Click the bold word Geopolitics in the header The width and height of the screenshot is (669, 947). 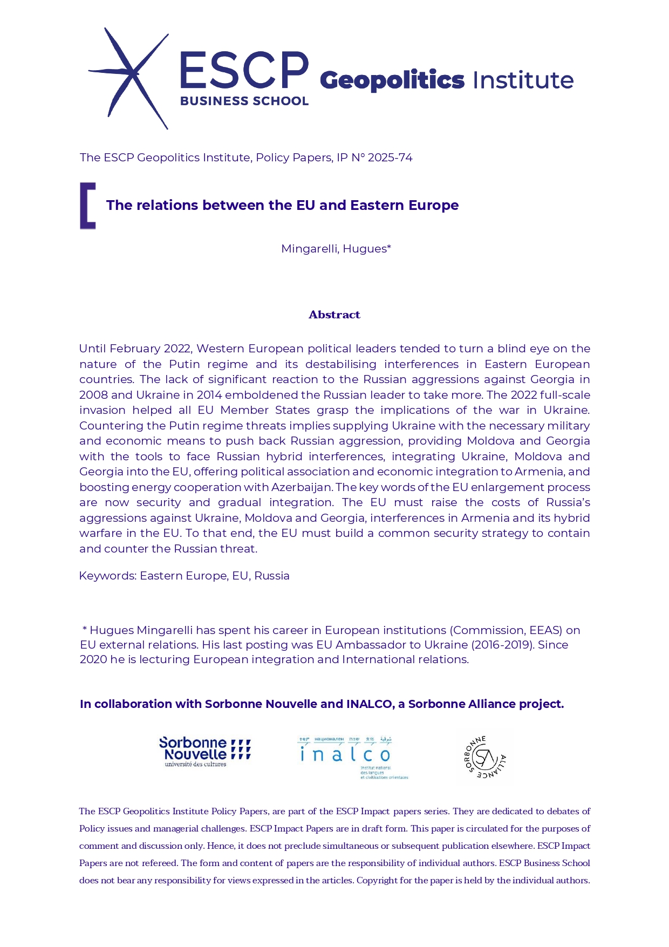click(392, 80)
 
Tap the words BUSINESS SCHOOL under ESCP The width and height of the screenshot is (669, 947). click(244, 101)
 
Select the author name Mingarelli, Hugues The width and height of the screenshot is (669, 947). click(335, 249)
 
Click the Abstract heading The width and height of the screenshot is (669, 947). click(334, 315)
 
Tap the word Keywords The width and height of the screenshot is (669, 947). click(107, 576)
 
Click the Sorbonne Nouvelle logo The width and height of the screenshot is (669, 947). click(204, 751)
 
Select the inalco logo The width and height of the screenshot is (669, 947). click(352, 757)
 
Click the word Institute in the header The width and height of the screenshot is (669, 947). click(522, 80)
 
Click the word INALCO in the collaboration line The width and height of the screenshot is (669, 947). click(370, 704)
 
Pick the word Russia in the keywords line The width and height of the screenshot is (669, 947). click(272, 576)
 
